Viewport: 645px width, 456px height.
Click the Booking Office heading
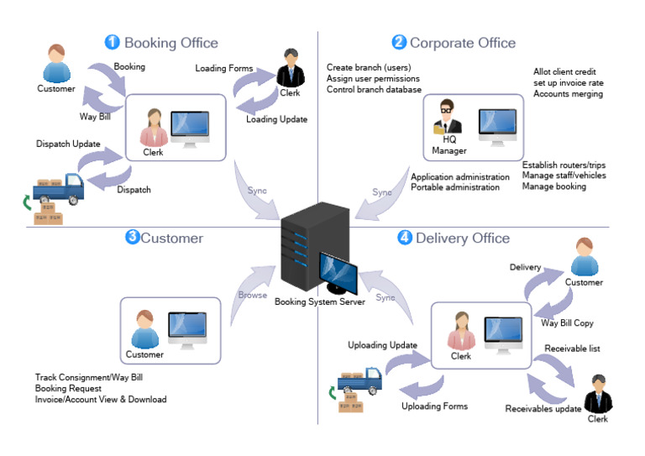pos(170,43)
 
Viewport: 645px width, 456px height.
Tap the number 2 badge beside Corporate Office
pos(399,42)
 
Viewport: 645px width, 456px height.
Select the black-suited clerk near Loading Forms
pos(291,70)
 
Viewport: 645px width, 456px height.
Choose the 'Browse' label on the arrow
pos(252,295)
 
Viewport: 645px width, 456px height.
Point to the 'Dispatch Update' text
pos(68,144)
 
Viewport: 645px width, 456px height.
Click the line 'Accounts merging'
pos(568,94)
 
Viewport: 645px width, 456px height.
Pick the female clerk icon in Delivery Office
pos(460,332)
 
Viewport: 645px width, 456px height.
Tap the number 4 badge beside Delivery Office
pos(405,238)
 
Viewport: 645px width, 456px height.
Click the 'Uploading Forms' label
pos(434,406)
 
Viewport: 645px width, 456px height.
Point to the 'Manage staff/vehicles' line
pos(564,175)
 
